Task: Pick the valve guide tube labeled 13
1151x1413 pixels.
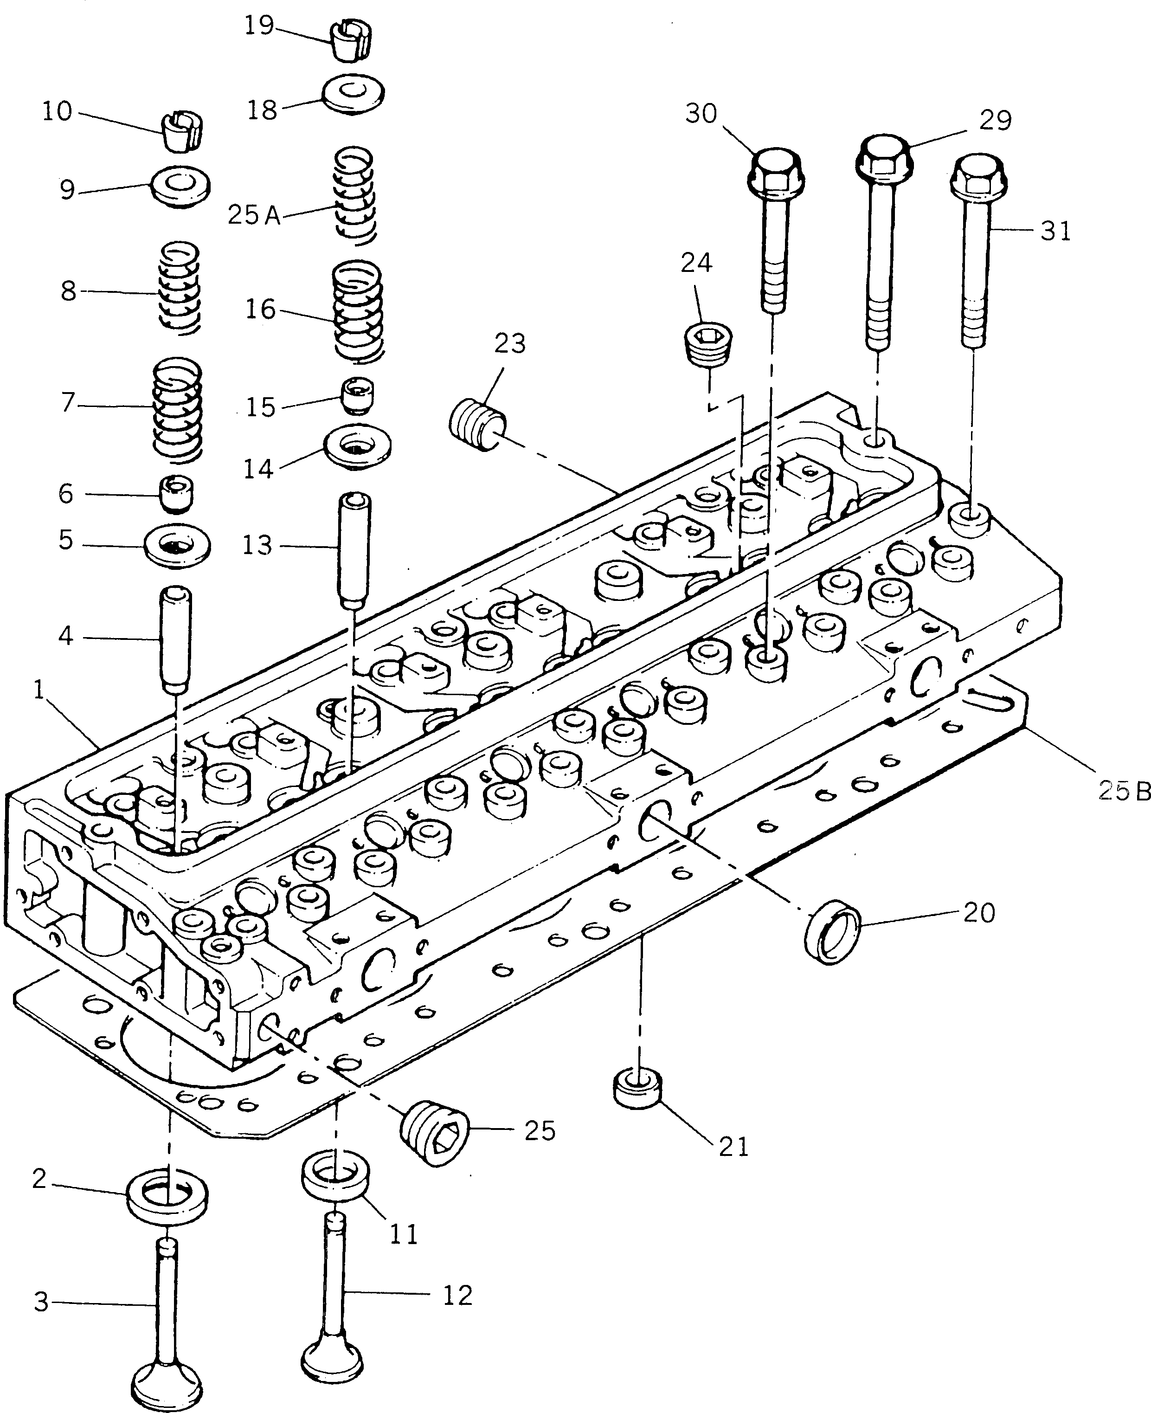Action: click(x=355, y=551)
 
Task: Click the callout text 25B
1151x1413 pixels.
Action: click(x=1123, y=791)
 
